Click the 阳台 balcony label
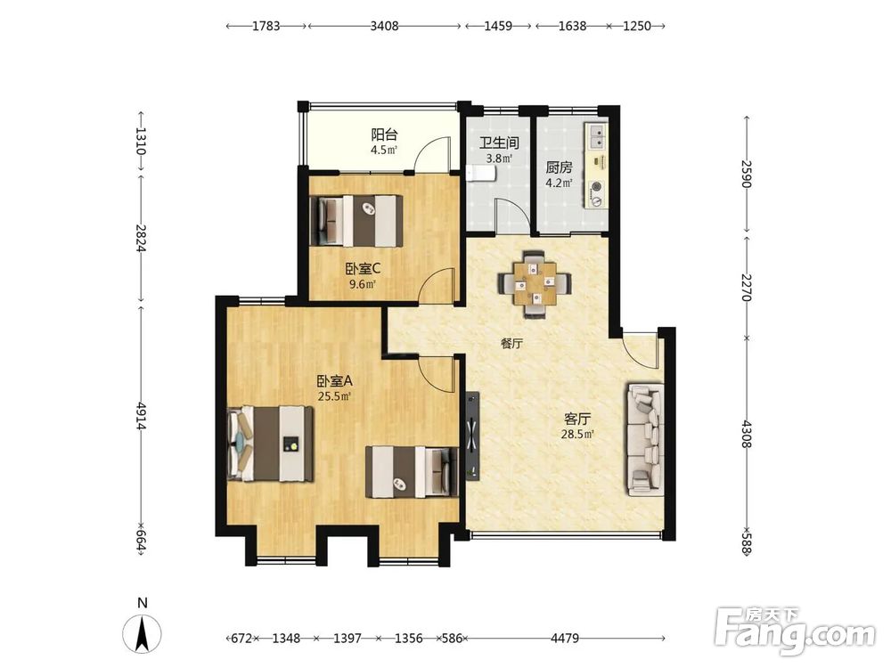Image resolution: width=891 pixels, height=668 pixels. pos(384,135)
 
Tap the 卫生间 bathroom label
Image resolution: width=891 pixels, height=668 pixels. pos(498,143)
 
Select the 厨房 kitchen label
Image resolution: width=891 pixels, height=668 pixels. pos(559,167)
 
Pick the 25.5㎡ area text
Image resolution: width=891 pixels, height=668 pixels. pos(333,396)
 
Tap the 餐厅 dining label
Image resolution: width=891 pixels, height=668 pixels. pos(511,344)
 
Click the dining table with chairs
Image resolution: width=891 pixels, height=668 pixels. pos(534,284)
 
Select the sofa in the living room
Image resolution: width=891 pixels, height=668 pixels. pos(645,438)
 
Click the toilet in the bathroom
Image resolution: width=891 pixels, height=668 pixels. pos(480,173)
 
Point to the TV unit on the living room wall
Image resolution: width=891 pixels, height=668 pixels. pos(472,436)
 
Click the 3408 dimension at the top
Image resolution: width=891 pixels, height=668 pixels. pos(385,26)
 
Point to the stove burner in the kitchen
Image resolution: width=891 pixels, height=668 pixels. pos(597,186)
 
